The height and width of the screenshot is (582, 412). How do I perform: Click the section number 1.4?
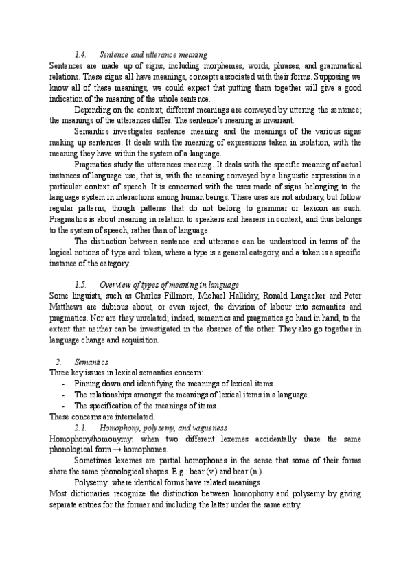(80, 54)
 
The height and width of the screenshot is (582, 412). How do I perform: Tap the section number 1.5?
(80, 284)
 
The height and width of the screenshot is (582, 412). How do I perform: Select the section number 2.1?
(80, 428)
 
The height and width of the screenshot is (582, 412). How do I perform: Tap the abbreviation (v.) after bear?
(207, 472)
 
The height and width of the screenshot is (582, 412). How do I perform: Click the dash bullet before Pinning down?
(63, 383)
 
